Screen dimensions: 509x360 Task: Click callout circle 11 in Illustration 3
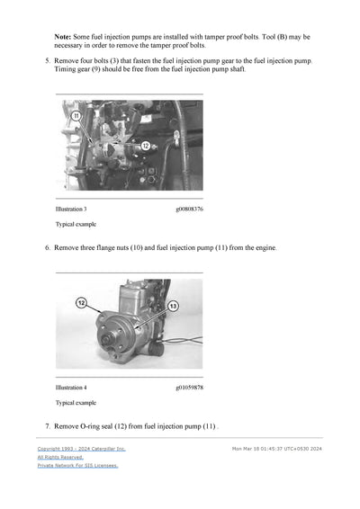click(76, 116)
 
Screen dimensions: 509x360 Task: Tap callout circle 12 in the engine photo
click(145, 145)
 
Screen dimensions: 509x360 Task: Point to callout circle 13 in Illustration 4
click(173, 307)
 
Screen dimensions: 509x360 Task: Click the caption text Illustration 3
click(72, 210)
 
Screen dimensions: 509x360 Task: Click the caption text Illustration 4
click(72, 388)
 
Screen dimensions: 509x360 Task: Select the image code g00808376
click(188, 210)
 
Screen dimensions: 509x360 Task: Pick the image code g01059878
click(188, 388)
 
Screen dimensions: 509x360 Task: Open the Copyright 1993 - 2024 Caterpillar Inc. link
click(81, 448)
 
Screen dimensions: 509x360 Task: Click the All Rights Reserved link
click(60, 457)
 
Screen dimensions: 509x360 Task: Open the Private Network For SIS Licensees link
click(77, 466)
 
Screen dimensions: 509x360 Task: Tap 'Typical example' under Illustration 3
click(76, 225)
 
